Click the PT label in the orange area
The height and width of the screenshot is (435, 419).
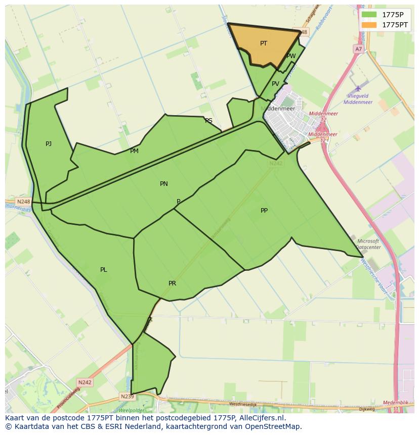point(264,43)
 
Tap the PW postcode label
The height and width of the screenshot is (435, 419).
point(291,56)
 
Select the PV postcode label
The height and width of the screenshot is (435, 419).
point(275,84)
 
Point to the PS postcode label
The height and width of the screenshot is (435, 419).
point(208,121)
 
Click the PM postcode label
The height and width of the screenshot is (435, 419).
point(134,151)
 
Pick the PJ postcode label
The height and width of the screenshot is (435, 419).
point(49,144)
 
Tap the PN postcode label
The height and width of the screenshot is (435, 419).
point(163,184)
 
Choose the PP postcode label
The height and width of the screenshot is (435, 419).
point(264,211)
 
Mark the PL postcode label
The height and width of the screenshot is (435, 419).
point(103,270)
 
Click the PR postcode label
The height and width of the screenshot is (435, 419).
point(172,283)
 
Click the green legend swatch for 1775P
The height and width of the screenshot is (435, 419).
point(369,15)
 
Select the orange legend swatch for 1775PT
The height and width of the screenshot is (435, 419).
point(369,25)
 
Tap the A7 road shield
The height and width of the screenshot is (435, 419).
point(358,49)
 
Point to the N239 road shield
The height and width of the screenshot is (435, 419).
point(127,396)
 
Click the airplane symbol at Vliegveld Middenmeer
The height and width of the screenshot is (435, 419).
point(358,88)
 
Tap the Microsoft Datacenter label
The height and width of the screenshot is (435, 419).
point(368,244)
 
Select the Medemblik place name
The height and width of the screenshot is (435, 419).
point(396,403)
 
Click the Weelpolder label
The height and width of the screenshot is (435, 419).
point(129,410)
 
